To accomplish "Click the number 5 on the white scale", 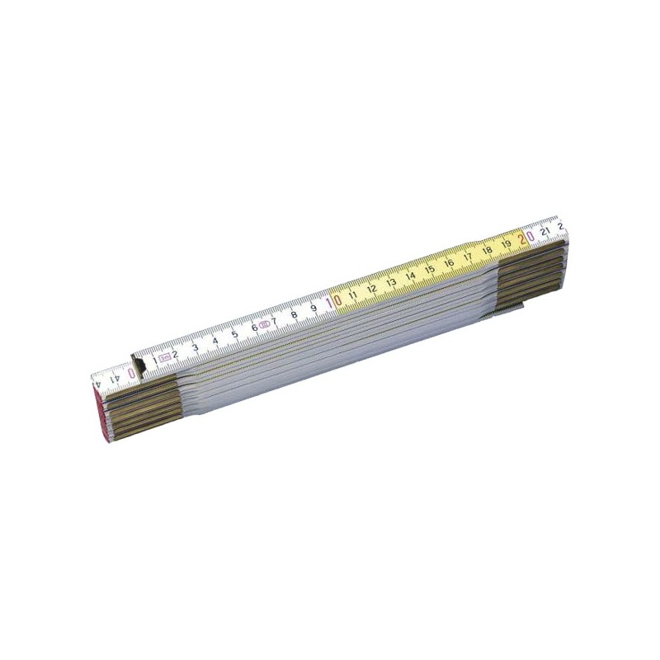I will [x=234, y=334].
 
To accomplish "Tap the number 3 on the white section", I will [x=195, y=346].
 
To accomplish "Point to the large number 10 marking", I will [x=333, y=302].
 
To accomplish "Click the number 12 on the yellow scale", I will [x=372, y=289].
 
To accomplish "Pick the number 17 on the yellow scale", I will [x=468, y=257].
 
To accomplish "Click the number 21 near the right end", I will [x=545, y=231].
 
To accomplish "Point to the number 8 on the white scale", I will [x=294, y=314].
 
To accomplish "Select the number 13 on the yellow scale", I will [x=391, y=283].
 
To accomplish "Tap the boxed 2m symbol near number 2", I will [x=165, y=357].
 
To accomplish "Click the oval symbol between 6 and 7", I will [x=263, y=325].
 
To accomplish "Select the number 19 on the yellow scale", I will [x=506, y=244].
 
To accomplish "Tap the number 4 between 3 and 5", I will [x=214, y=340].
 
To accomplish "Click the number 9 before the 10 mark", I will [x=313, y=309].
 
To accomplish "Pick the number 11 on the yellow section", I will [x=353, y=295].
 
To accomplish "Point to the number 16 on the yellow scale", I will [x=449, y=264].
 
